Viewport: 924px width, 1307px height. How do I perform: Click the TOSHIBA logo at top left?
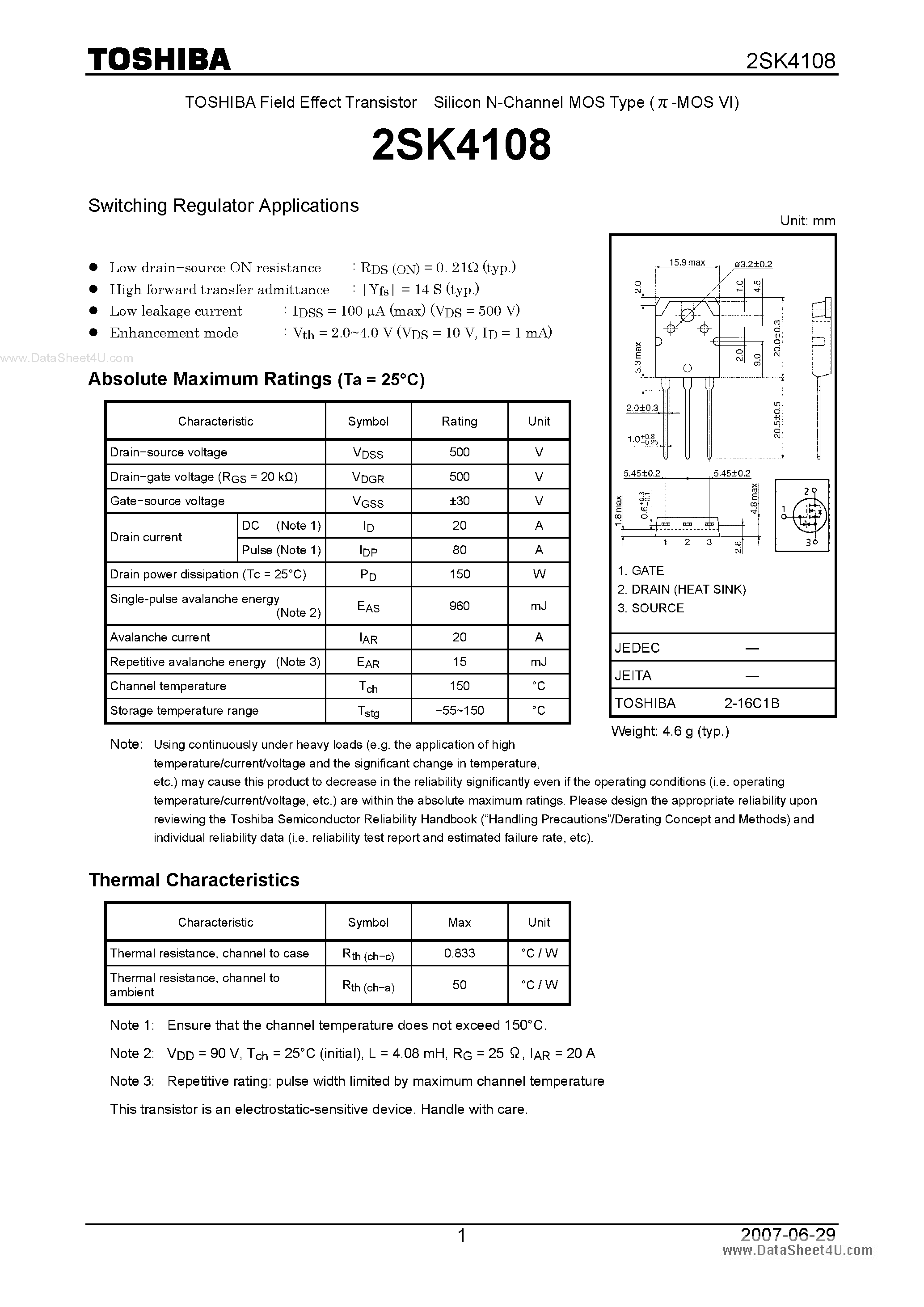tap(159, 59)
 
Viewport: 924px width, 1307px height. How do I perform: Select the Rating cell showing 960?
tap(460, 606)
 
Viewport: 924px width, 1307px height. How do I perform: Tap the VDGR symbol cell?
tap(368, 477)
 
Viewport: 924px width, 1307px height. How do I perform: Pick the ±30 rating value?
tap(460, 501)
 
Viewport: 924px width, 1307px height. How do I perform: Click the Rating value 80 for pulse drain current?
tap(460, 550)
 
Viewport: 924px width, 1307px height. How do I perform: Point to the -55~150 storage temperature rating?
tap(460, 710)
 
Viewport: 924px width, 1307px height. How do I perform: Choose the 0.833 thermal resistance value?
tap(460, 953)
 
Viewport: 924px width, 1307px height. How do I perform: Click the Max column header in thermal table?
tap(460, 922)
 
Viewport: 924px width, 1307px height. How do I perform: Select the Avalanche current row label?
tap(160, 637)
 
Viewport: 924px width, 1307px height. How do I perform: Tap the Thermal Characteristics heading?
tap(194, 880)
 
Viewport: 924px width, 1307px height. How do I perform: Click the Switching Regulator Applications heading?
tap(223, 206)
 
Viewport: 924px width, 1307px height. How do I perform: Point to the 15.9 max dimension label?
tap(687, 262)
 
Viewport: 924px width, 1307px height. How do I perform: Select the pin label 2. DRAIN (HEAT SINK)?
tap(681, 589)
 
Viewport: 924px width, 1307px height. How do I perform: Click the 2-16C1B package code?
tap(751, 703)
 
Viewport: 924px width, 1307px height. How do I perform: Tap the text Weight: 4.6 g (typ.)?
tap(670, 731)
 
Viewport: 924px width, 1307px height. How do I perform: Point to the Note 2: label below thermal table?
tap(132, 1053)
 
